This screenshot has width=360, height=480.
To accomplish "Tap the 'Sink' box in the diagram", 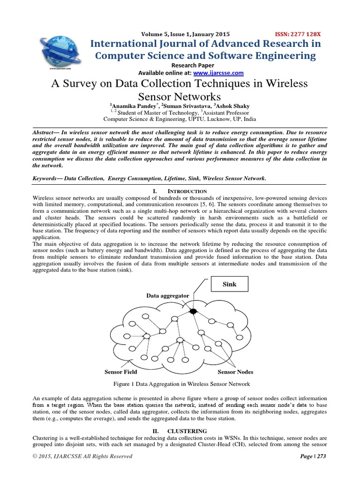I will click(229, 284).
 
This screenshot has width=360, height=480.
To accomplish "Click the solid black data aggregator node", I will click(193, 311).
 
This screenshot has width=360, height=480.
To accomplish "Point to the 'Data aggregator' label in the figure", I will click(167, 296).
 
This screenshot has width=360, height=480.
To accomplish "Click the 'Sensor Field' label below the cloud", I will click(121, 372).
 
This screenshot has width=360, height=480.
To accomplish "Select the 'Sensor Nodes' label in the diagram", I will click(235, 372).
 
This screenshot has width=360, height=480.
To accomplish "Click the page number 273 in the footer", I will click(320, 456).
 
